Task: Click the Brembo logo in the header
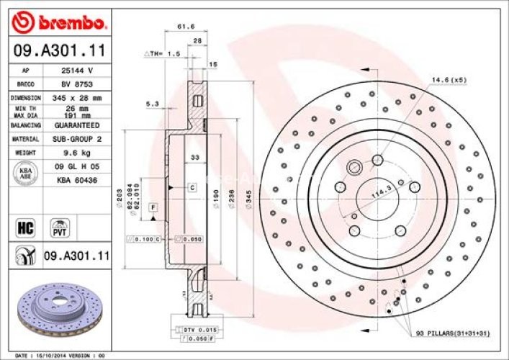point(60,23)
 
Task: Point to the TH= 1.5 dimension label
point(162,54)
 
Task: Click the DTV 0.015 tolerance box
point(190,329)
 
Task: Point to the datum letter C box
point(192,187)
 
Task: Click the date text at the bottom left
point(60,356)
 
